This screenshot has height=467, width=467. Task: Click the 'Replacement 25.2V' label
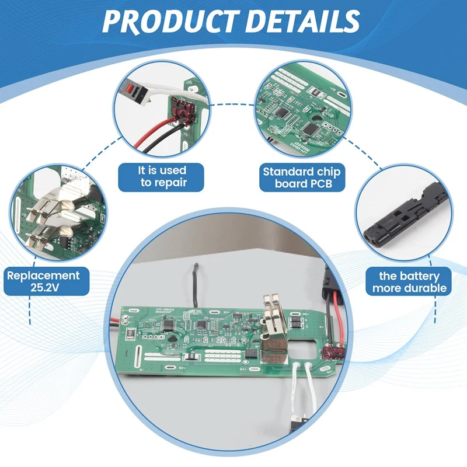[x=43, y=281]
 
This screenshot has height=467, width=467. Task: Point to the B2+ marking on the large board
[x=183, y=368]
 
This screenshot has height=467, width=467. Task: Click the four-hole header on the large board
[x=154, y=337]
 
